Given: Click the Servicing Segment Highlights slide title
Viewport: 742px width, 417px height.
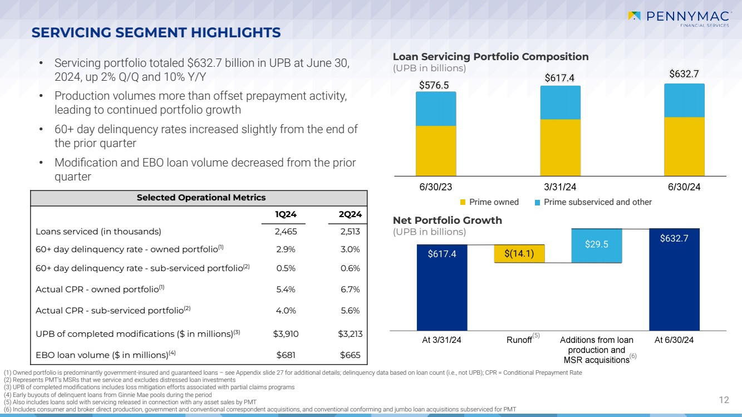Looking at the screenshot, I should tap(156, 33).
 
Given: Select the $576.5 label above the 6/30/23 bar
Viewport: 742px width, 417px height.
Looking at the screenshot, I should tap(434, 85).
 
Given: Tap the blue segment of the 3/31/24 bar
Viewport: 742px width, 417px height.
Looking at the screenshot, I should tap(560, 103).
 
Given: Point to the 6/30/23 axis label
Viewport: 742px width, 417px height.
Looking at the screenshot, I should tap(436, 187).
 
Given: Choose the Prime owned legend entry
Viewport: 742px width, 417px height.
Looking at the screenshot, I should tap(489, 202).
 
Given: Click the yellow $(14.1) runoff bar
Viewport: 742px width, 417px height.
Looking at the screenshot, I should tap(519, 254).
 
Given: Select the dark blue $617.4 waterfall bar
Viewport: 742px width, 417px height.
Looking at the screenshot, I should tap(441, 287).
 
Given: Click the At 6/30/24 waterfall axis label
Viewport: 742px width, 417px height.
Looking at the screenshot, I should tap(674, 340).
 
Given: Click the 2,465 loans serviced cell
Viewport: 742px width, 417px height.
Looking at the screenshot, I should tap(286, 232).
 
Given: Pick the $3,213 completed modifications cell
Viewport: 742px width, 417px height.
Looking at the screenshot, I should tap(349, 334).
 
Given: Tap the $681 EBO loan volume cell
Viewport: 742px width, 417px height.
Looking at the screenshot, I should tap(286, 355).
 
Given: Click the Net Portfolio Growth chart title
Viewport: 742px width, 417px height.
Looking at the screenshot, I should tap(447, 220).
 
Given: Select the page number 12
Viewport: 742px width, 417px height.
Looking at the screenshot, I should tap(724, 399).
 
